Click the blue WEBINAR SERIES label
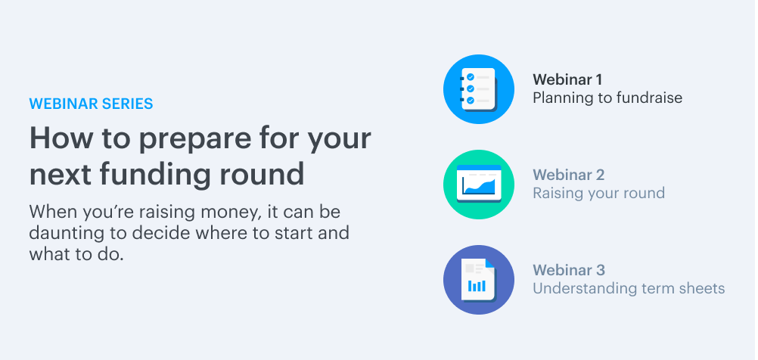91,104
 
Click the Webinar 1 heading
567,79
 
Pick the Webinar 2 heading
569,175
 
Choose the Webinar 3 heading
569,270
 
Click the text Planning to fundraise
607,98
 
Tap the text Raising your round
599,194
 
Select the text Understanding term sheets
629,288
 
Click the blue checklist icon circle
479,89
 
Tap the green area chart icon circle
479,185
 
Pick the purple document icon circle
479,280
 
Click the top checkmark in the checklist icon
470,77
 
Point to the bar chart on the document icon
477,286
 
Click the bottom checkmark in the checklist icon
470,101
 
